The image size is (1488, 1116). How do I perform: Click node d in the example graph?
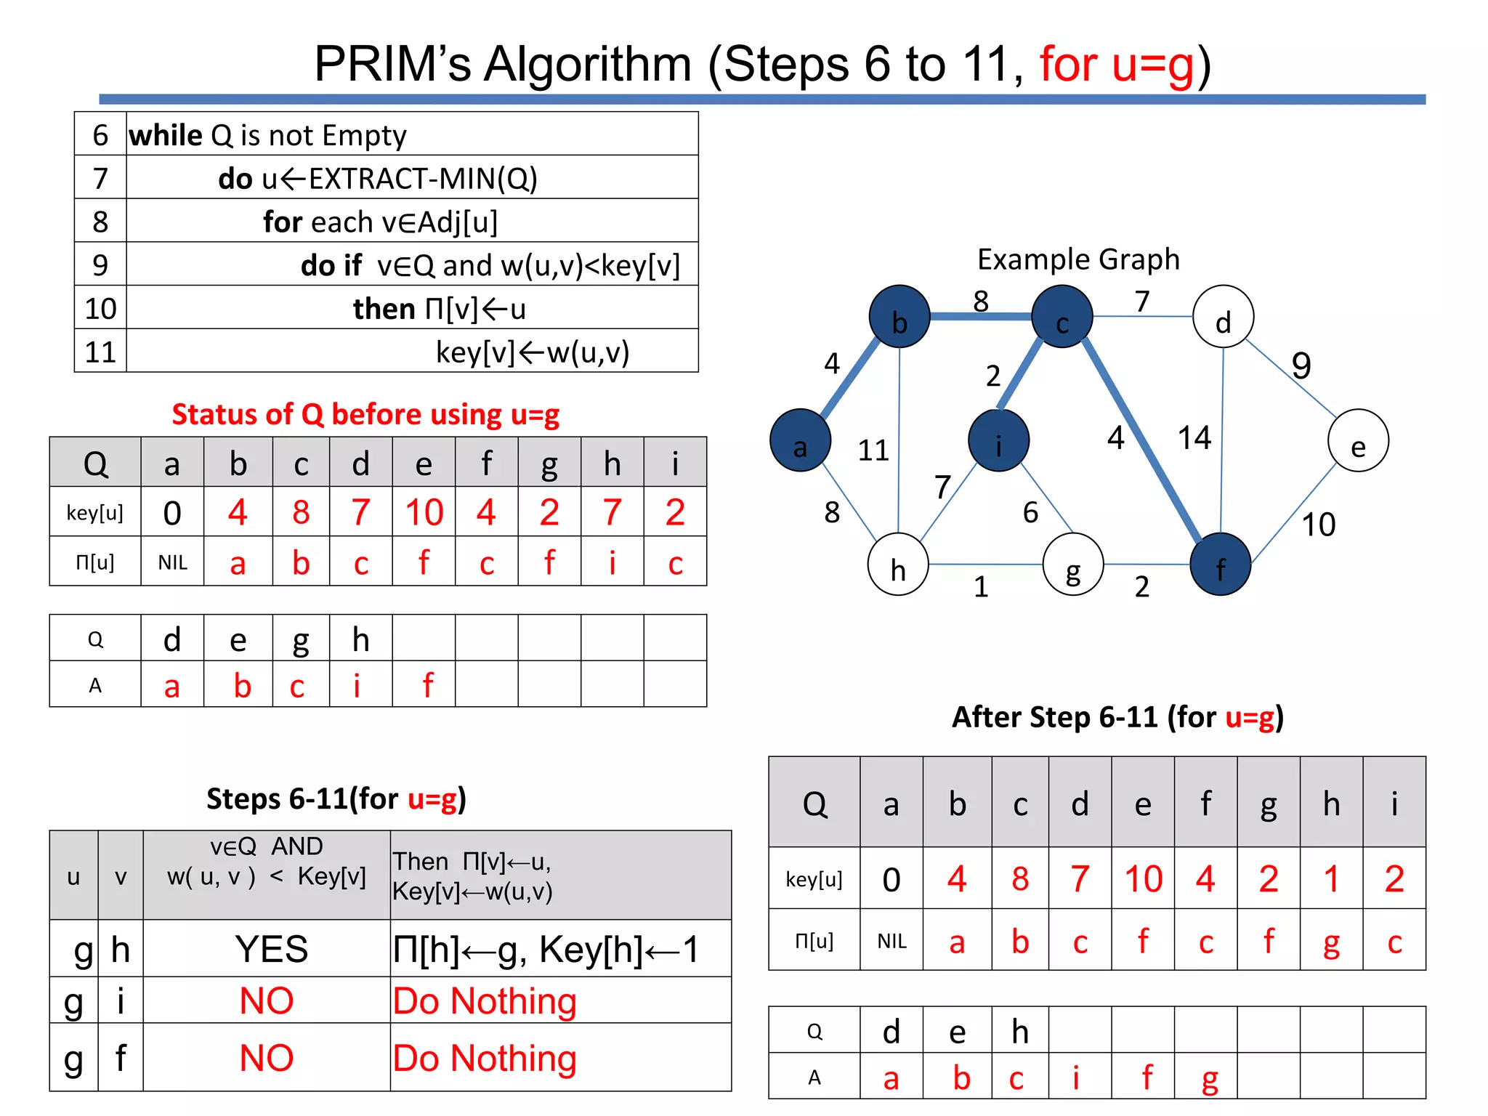[x=1223, y=317]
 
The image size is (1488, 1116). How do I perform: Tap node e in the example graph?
[x=1358, y=441]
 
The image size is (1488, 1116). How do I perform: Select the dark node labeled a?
[x=800, y=441]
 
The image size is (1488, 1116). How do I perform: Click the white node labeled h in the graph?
[x=898, y=565]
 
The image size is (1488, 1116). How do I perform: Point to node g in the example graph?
[x=1073, y=565]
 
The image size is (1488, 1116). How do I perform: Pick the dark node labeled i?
[x=999, y=441]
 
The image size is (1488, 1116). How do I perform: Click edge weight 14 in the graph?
[x=1194, y=438]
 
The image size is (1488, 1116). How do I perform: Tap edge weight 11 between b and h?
[x=873, y=450]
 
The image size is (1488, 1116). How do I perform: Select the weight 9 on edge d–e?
[x=1301, y=365]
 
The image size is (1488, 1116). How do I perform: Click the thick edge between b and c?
[x=981, y=316]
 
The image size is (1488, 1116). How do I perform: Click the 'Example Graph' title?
[x=1078, y=259]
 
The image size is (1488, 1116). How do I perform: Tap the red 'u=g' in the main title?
[x=1117, y=65]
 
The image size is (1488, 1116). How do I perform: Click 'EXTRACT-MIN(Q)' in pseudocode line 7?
[x=423, y=179]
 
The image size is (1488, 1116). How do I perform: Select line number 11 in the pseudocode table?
[x=100, y=352]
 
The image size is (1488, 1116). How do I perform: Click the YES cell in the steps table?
[x=271, y=949]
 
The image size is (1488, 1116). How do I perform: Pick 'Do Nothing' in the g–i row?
[x=485, y=1001]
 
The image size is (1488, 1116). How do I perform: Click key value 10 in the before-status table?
[x=424, y=513]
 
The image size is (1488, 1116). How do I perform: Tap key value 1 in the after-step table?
[x=1331, y=879]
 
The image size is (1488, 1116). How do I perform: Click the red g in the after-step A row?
[x=1209, y=1079]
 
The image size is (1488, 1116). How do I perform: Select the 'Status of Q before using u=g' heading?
[x=365, y=415]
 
